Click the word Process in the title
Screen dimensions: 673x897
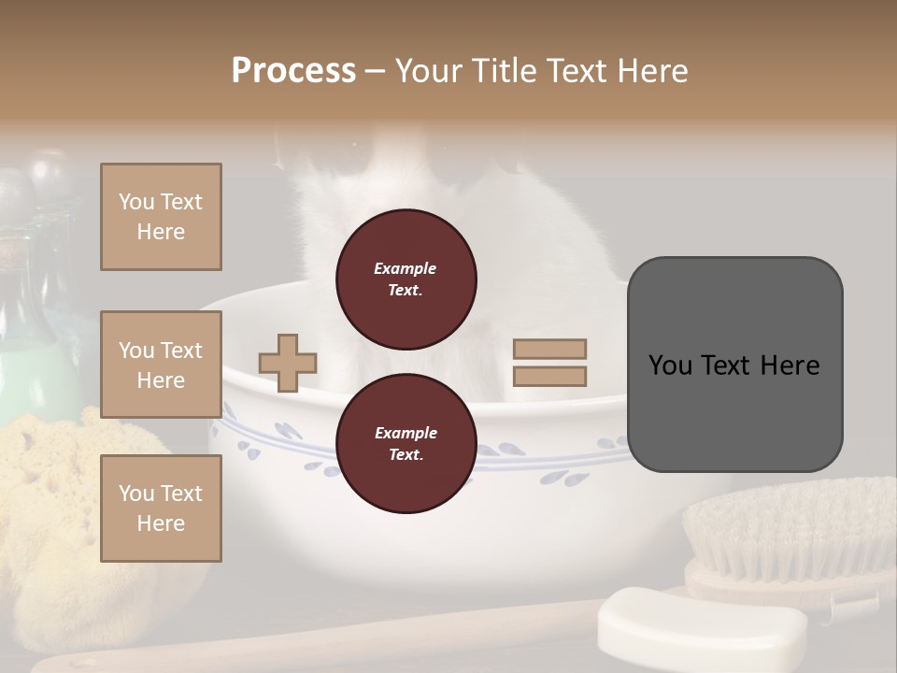click(293, 71)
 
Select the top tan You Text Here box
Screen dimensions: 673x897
click(161, 217)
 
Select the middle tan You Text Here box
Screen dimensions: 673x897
click(161, 365)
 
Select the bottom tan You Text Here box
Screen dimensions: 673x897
click(161, 508)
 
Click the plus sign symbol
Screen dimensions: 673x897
click(288, 363)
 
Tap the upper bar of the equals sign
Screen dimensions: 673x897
click(549, 349)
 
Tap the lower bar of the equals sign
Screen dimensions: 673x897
click(549, 377)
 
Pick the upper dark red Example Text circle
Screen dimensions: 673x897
click(406, 279)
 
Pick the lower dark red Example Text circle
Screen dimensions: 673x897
click(406, 443)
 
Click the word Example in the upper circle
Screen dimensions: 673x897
click(406, 268)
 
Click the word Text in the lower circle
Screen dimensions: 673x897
click(406, 454)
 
